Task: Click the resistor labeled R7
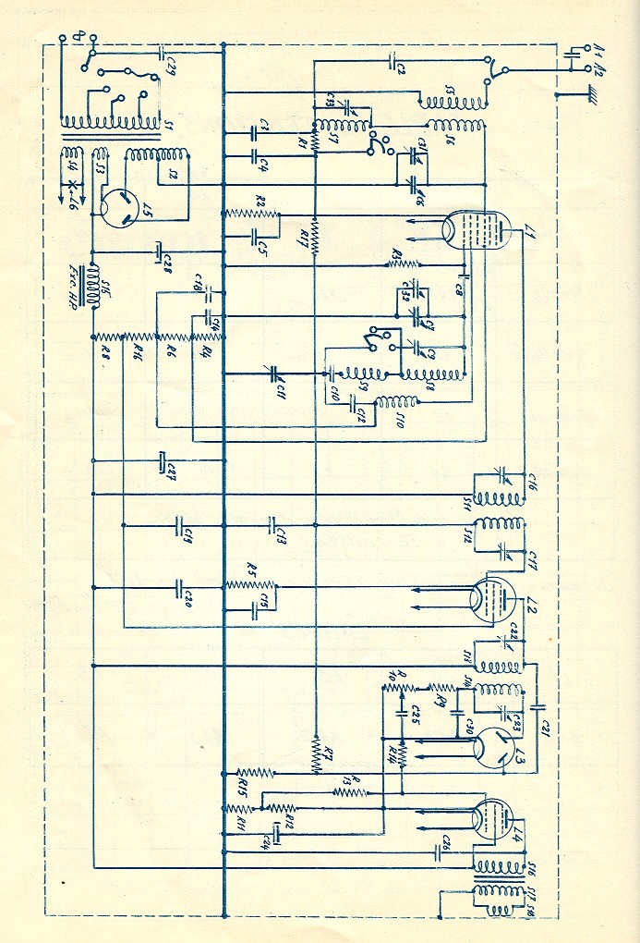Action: coord(316,753)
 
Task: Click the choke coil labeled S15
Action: coord(94,288)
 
